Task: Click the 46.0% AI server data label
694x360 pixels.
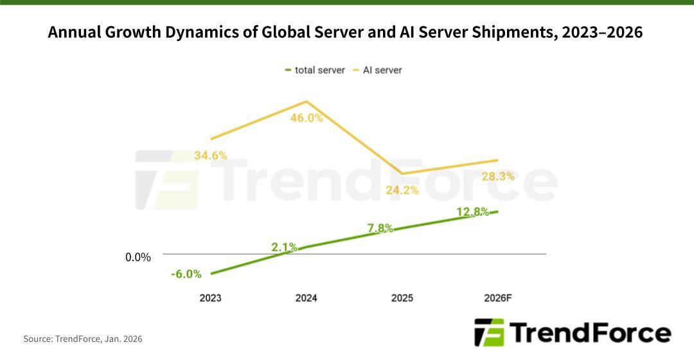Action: pos(307,118)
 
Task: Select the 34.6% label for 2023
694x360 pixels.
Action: pos(211,156)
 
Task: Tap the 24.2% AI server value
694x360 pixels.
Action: pos(402,190)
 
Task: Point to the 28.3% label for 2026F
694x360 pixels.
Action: pos(498,176)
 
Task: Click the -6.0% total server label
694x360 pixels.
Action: pos(186,274)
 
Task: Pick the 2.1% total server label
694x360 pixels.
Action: pos(284,247)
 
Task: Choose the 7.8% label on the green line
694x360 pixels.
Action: pos(380,228)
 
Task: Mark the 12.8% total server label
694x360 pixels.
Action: pos(473,212)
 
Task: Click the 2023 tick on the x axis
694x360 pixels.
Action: pos(210,298)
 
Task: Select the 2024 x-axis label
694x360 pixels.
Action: pos(306,298)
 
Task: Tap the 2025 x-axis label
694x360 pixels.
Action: pos(402,298)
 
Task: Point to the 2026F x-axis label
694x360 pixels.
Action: pos(498,298)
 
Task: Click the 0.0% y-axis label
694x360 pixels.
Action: pos(138,257)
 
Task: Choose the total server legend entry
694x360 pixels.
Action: pos(314,70)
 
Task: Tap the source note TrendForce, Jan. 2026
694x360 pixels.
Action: pos(83,339)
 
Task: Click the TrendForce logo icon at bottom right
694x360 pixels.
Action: pos(490,332)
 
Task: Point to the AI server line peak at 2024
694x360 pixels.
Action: pos(307,102)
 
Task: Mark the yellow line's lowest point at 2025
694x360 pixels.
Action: pos(402,174)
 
